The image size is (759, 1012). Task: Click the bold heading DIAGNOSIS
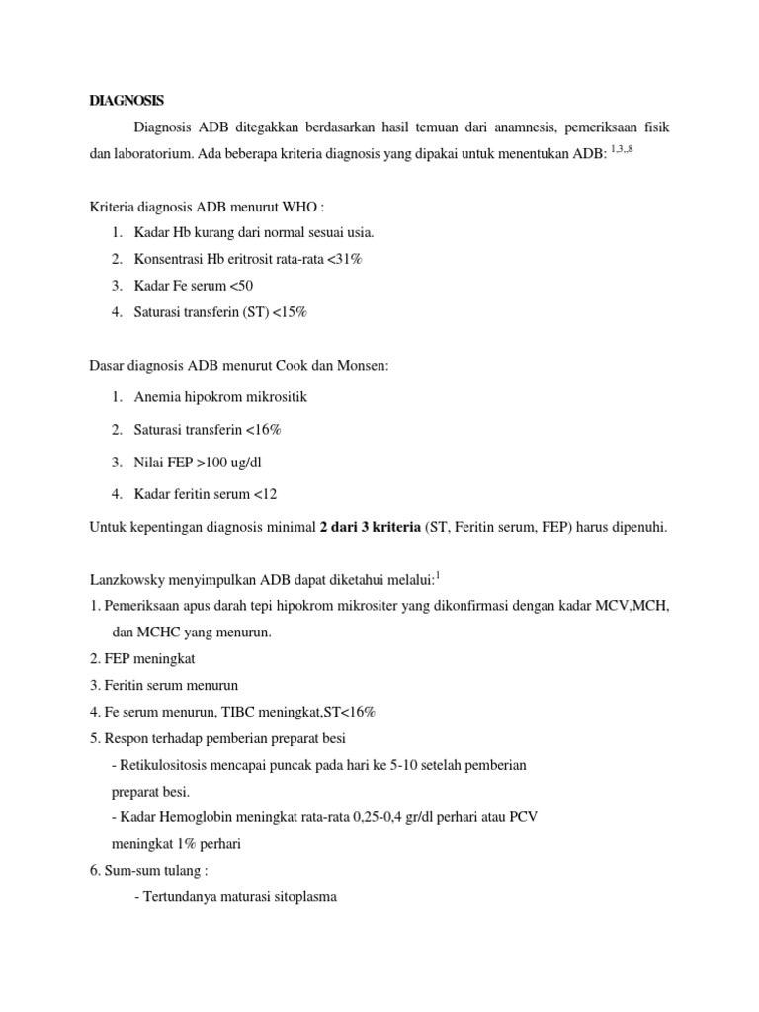point(126,101)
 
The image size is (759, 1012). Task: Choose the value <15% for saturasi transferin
point(289,311)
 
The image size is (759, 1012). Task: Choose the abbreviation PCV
point(524,818)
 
